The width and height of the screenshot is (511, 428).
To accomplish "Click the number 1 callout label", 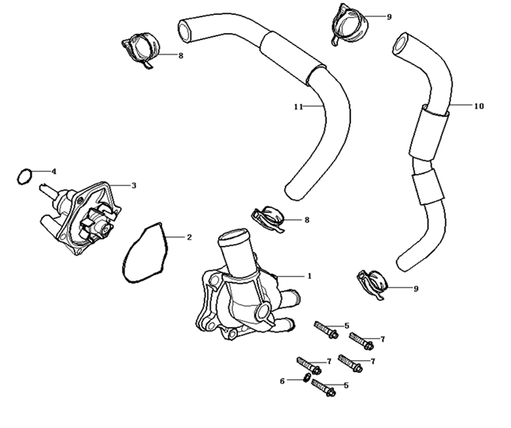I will click(309, 277).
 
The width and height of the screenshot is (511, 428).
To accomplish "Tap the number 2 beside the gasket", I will click(189, 236).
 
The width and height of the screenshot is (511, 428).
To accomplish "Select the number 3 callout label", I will click(134, 186).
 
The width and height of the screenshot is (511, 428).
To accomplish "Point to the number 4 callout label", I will click(54, 171).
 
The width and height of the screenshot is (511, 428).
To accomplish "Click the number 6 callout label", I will click(282, 381).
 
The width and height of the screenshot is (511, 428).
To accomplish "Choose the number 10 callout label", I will click(479, 105).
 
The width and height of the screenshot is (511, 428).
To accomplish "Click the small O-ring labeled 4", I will click(24, 175).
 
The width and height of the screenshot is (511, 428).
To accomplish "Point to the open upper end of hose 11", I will click(186, 31).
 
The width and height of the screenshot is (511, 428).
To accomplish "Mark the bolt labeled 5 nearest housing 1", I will click(325, 329).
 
